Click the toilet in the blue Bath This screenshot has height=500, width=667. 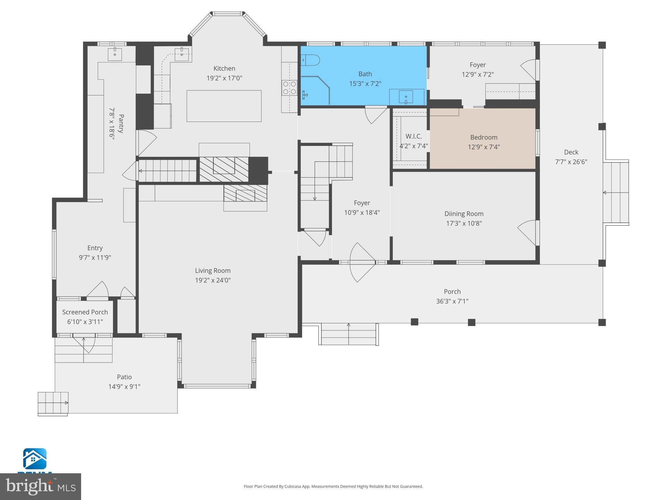[x=310, y=60]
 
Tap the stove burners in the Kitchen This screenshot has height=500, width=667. [x=290, y=88]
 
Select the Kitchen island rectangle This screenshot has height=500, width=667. [x=224, y=106]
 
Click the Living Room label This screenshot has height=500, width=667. [x=213, y=270]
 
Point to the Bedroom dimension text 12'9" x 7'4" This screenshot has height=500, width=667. [x=484, y=147]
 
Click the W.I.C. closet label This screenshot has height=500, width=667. [x=414, y=136]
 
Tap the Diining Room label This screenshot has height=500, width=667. [x=464, y=214]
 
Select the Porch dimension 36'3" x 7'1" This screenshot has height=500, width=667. [x=452, y=301]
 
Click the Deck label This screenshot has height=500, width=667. [x=571, y=152]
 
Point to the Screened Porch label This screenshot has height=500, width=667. [x=85, y=312]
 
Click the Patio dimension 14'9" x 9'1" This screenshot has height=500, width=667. [x=124, y=387]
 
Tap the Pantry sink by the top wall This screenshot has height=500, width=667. [x=115, y=54]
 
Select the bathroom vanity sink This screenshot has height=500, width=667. [x=406, y=97]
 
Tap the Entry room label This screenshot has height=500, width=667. [x=95, y=248]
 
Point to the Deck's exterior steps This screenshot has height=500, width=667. [x=616, y=192]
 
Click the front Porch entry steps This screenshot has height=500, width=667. [x=348, y=334]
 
